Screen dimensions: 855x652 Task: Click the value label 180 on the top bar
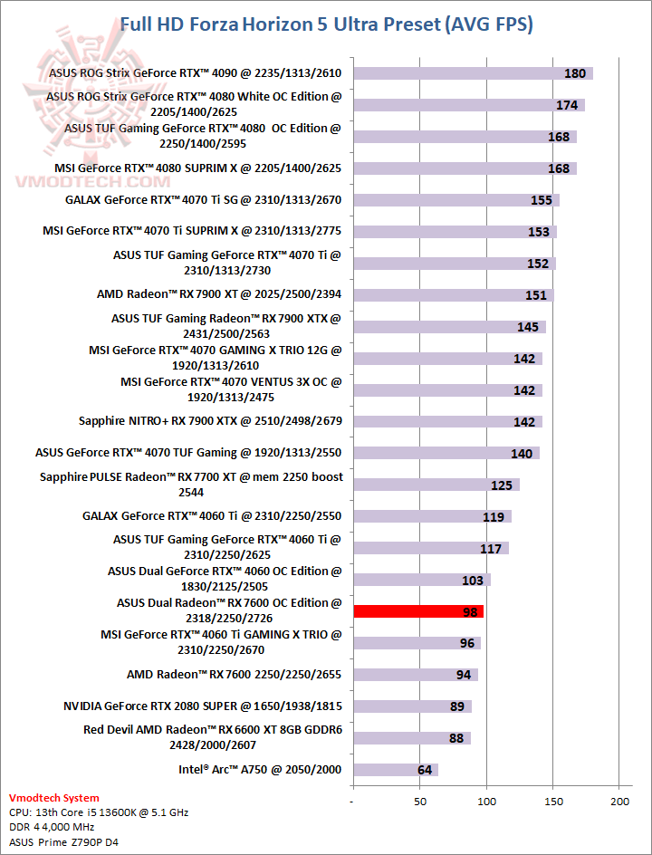pyautogui.click(x=575, y=73)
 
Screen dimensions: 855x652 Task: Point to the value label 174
pyautogui.click(x=567, y=105)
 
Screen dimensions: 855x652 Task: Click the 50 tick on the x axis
pyautogui.click(x=419, y=802)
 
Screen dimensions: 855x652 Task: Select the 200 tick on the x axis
pyautogui.click(x=619, y=802)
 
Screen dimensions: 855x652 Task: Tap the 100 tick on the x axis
pyautogui.click(x=486, y=802)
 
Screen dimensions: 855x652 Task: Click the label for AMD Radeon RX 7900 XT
pyautogui.click(x=220, y=294)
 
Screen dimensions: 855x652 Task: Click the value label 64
pyautogui.click(x=425, y=770)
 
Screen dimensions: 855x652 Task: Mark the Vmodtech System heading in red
pyautogui.click(x=53, y=798)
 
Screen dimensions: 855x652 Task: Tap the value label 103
pyautogui.click(x=473, y=580)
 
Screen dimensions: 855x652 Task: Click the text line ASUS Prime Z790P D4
pyautogui.click(x=64, y=842)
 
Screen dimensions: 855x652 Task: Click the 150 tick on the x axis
pyautogui.click(x=553, y=802)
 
